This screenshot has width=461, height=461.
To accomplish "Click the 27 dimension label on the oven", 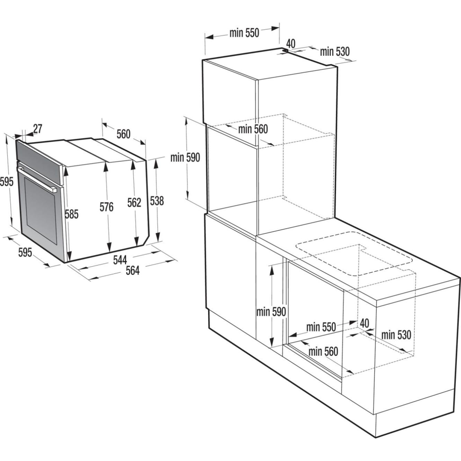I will [37, 128].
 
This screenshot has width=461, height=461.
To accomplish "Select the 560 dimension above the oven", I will [123, 134].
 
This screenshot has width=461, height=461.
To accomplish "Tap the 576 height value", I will [106, 207].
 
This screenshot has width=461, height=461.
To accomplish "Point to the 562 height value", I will [134, 203].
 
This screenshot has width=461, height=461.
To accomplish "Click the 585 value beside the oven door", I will [71, 214].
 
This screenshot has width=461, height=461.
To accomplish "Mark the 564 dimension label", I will [132, 271].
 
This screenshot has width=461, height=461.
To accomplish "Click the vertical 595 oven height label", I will [6, 181].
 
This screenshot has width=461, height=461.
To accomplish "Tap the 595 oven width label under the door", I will [26, 252].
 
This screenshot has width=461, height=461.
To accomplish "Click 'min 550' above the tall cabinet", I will [245, 33].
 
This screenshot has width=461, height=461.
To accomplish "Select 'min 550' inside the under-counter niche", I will [321, 327].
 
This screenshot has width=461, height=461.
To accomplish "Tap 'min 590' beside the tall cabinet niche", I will [185, 157].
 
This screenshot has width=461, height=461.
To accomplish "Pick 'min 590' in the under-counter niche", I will [271, 311].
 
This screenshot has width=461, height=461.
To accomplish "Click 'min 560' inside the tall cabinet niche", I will [253, 129].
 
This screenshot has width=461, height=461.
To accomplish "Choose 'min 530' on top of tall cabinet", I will [335, 51].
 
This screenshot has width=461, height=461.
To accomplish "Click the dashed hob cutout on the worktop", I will [354, 254].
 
